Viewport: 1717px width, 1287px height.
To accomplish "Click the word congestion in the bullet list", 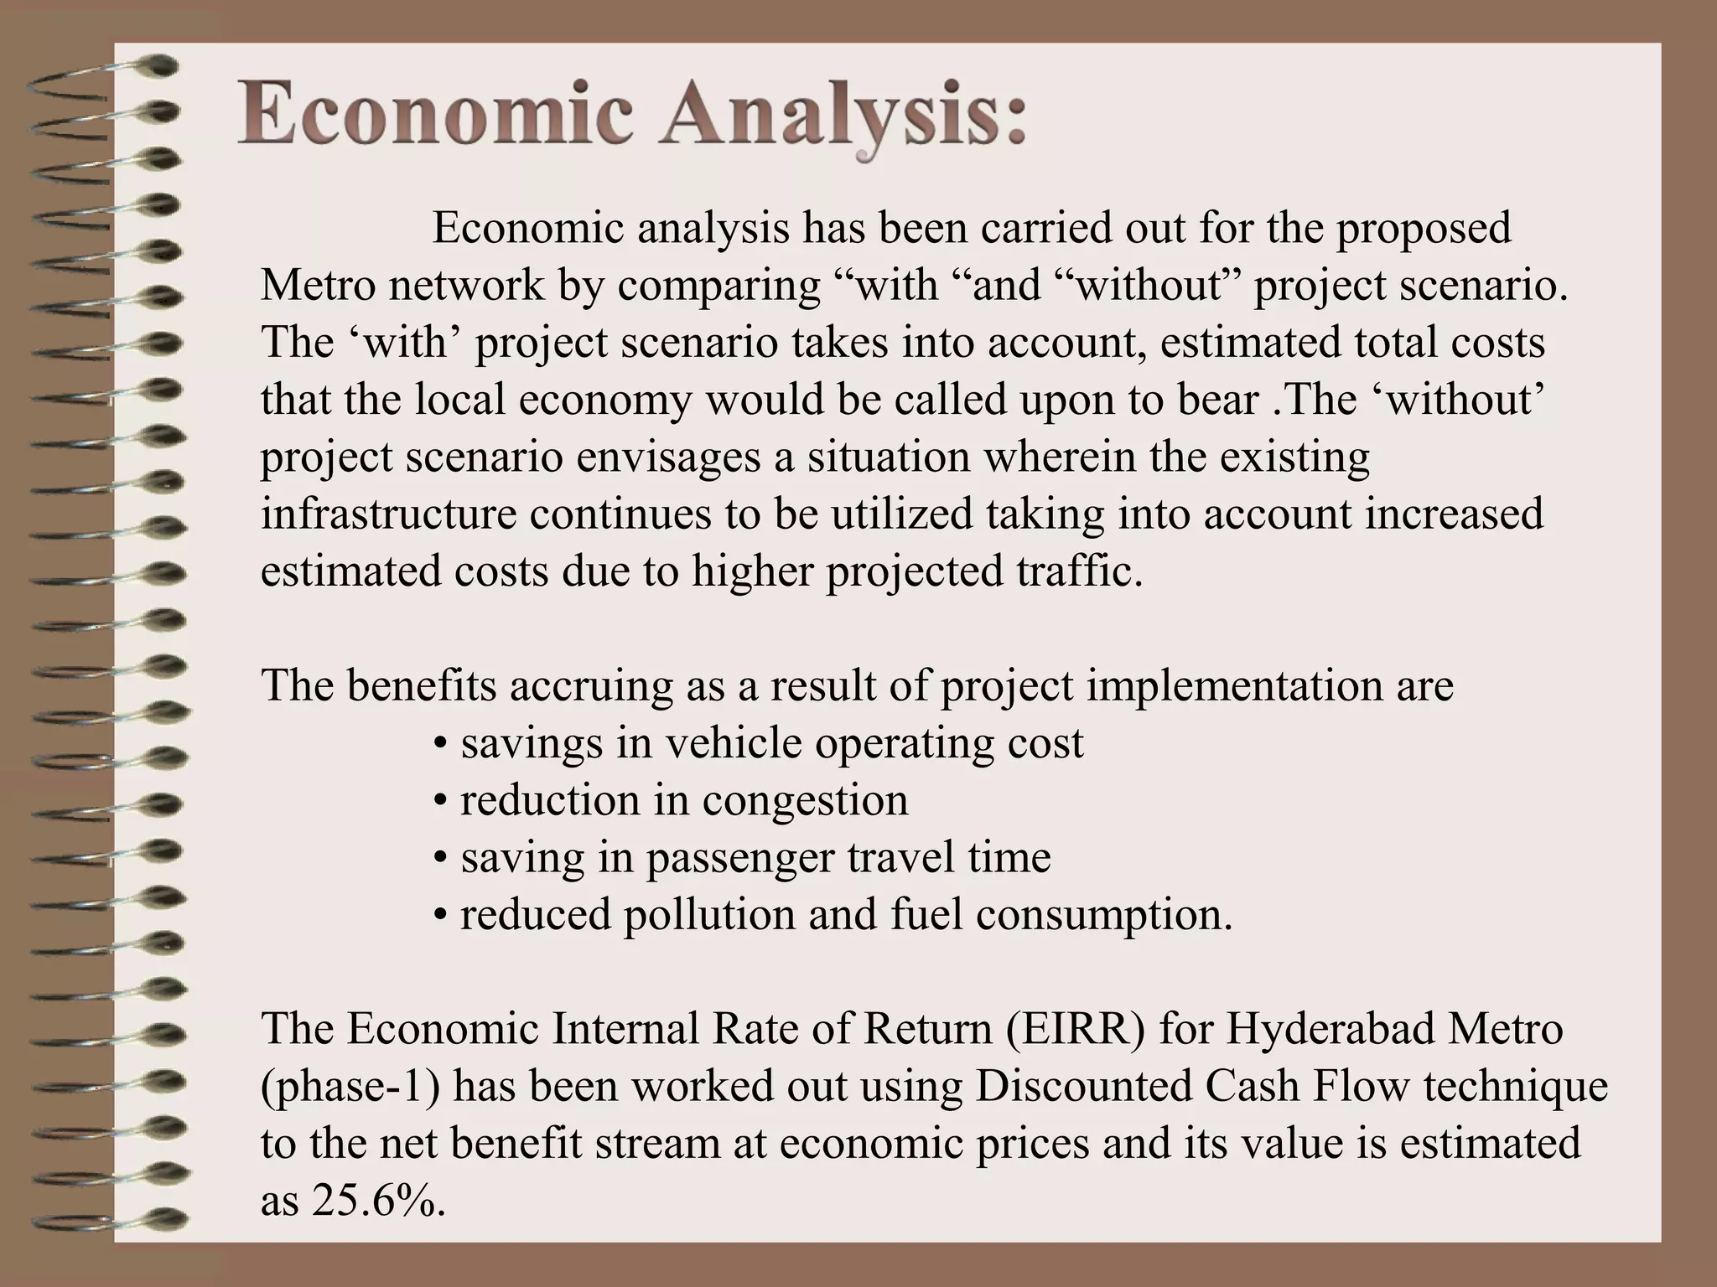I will [805, 799].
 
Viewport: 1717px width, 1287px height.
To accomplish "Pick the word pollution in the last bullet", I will [708, 913].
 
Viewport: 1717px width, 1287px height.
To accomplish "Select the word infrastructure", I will [388, 514].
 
